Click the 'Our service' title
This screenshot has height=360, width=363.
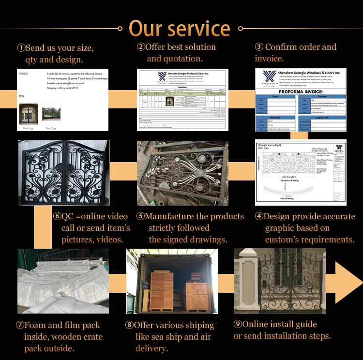[x=180, y=29]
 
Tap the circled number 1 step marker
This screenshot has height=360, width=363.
[x=21, y=48]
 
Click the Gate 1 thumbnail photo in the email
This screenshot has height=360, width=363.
[x=28, y=114]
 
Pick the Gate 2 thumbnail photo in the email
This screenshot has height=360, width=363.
[x=51, y=114]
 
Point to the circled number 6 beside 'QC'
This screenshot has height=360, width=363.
[x=57, y=216]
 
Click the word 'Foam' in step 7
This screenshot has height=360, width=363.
[x=36, y=325]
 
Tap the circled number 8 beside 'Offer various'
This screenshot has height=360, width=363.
[x=129, y=325]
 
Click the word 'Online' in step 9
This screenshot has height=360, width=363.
[x=256, y=324]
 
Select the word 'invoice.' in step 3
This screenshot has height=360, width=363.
[x=269, y=59]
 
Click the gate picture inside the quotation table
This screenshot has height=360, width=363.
[x=169, y=102]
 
